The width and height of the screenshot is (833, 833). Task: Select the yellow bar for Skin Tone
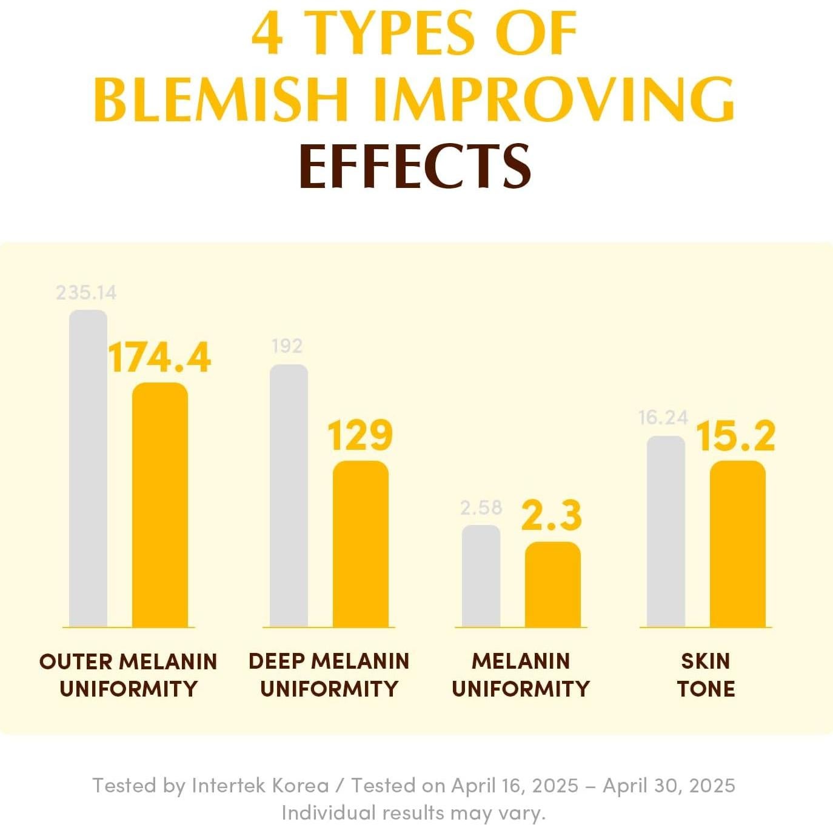[x=737, y=544]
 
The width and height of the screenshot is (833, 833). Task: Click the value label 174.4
[x=159, y=358]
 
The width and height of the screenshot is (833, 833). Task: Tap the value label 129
[x=360, y=435]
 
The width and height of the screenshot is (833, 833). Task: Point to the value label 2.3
[x=552, y=516]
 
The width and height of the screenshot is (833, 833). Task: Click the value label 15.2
[x=735, y=436]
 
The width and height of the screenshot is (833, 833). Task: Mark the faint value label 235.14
[x=86, y=293]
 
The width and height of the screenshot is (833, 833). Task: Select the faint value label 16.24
[x=663, y=418]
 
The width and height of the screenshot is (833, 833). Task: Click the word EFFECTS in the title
[x=415, y=166]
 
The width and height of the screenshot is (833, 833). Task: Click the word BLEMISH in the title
[x=221, y=99]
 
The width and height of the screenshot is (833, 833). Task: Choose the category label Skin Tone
[x=706, y=675]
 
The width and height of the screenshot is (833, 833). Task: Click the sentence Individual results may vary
[x=413, y=812]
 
